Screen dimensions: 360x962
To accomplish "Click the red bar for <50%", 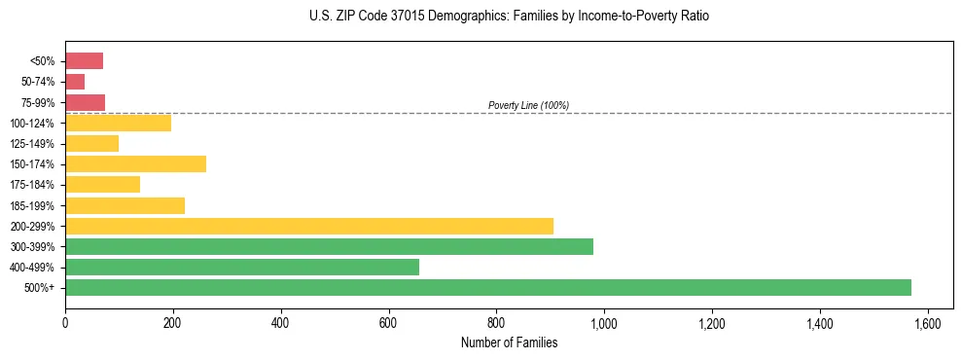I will (84, 61).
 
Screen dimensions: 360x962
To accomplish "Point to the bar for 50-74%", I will (75, 82).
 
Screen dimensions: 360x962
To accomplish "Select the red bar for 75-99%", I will (85, 102).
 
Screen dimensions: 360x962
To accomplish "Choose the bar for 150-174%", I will (135, 163).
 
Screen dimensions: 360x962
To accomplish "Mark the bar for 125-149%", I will (91, 143).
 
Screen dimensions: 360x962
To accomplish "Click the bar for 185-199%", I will (125, 205).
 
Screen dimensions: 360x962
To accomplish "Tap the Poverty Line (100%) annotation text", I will (528, 105).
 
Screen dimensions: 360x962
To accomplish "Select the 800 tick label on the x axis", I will (496, 321).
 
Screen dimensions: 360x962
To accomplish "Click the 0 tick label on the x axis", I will (65, 321).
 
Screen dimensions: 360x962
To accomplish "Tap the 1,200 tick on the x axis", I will (712, 321).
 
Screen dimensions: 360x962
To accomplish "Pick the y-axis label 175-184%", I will (33, 185).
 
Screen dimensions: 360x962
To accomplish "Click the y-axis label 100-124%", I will (33, 124).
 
